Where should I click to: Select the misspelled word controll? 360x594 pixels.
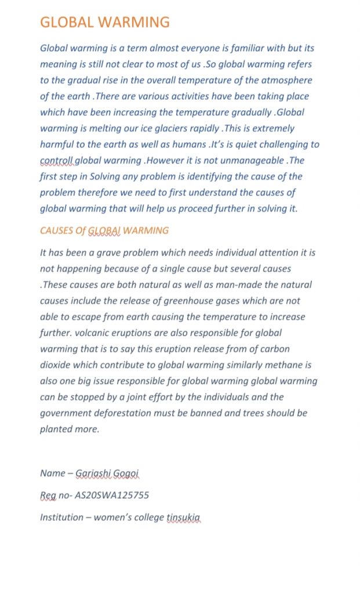[x=57, y=161]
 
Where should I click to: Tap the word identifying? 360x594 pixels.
[x=194, y=176]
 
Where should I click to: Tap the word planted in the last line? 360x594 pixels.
[x=56, y=429]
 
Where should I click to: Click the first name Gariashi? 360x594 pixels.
[x=95, y=473]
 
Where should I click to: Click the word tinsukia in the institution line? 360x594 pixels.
[x=184, y=517]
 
